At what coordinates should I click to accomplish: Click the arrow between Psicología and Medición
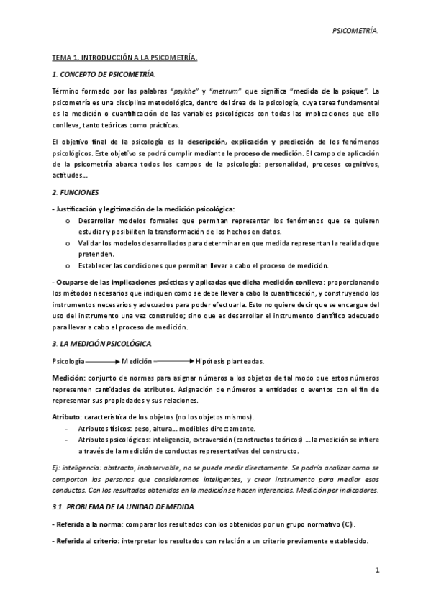point(103,360)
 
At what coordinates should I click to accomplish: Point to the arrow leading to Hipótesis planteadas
point(173,360)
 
